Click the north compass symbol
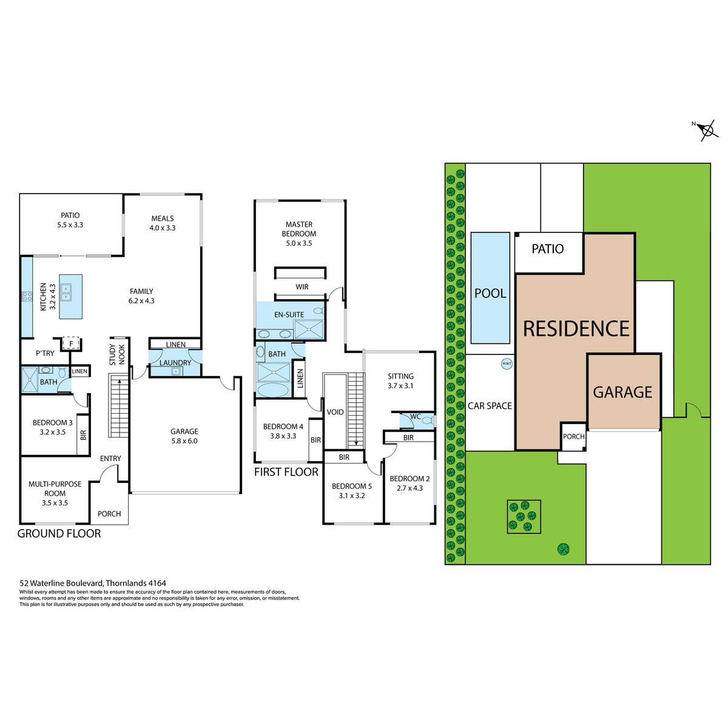(x=706, y=130)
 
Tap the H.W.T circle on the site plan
(x=506, y=364)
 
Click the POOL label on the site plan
(x=490, y=293)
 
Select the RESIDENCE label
(x=576, y=328)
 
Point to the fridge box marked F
(x=71, y=344)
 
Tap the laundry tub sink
(x=175, y=372)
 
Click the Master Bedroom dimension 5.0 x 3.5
(x=299, y=243)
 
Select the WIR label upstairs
(x=302, y=287)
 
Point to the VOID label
(x=335, y=412)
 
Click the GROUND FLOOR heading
(x=59, y=533)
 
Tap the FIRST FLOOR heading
(x=286, y=472)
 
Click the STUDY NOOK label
(x=117, y=354)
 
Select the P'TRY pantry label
(x=45, y=353)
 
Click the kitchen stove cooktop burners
(x=27, y=296)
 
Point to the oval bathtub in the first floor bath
(x=273, y=390)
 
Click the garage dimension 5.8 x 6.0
(x=184, y=441)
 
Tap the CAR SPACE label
(x=490, y=406)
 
